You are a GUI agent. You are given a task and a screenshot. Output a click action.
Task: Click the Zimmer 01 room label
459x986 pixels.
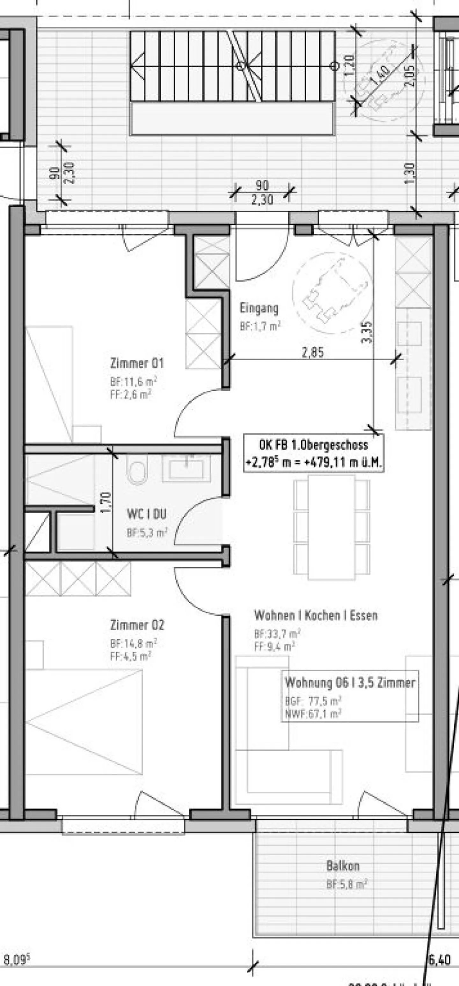[x=137, y=363]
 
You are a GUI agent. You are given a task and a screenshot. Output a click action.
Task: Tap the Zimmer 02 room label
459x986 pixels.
[x=137, y=625]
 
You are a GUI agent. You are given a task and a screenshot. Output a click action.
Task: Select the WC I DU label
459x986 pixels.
[x=147, y=514]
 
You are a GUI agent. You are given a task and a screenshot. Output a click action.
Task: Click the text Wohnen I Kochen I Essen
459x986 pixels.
[x=316, y=616]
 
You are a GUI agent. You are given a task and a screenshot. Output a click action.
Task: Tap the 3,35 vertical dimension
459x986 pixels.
[x=367, y=332]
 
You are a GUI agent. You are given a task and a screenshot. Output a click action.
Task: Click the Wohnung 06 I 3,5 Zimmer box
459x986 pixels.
[x=350, y=691]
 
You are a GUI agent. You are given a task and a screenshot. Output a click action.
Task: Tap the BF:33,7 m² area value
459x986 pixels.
[x=277, y=633]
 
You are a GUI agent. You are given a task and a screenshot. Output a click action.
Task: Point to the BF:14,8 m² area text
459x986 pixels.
[x=133, y=643]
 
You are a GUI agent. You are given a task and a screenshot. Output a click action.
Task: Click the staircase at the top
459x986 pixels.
[x=232, y=67]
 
